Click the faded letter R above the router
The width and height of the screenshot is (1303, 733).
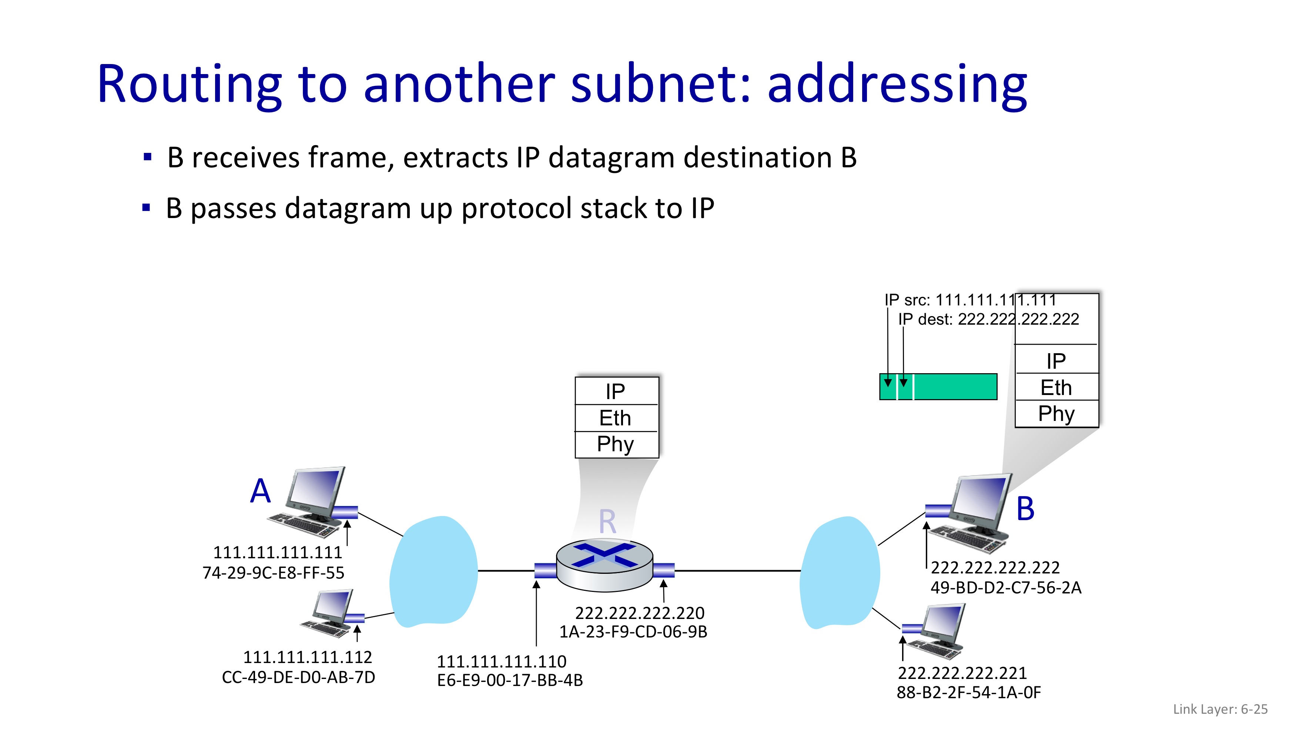coord(607,522)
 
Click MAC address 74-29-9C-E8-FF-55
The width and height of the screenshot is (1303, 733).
coord(273,573)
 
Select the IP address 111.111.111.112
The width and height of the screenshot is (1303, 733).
coord(308,657)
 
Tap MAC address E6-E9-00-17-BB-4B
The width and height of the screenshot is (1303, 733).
coord(510,680)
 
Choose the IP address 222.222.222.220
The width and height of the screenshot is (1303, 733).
coord(640,613)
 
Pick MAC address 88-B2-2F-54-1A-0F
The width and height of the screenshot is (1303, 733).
coord(969,693)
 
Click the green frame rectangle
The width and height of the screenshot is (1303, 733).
coord(938,386)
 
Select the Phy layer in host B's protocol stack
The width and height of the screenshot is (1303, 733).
coord(1057,413)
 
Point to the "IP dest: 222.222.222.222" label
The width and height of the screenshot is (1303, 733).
coord(988,319)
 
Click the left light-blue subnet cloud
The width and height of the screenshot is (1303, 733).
coord(433,572)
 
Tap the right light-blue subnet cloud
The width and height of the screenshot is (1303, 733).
coord(840,572)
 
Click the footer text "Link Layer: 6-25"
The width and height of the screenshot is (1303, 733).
coord(1220,709)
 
